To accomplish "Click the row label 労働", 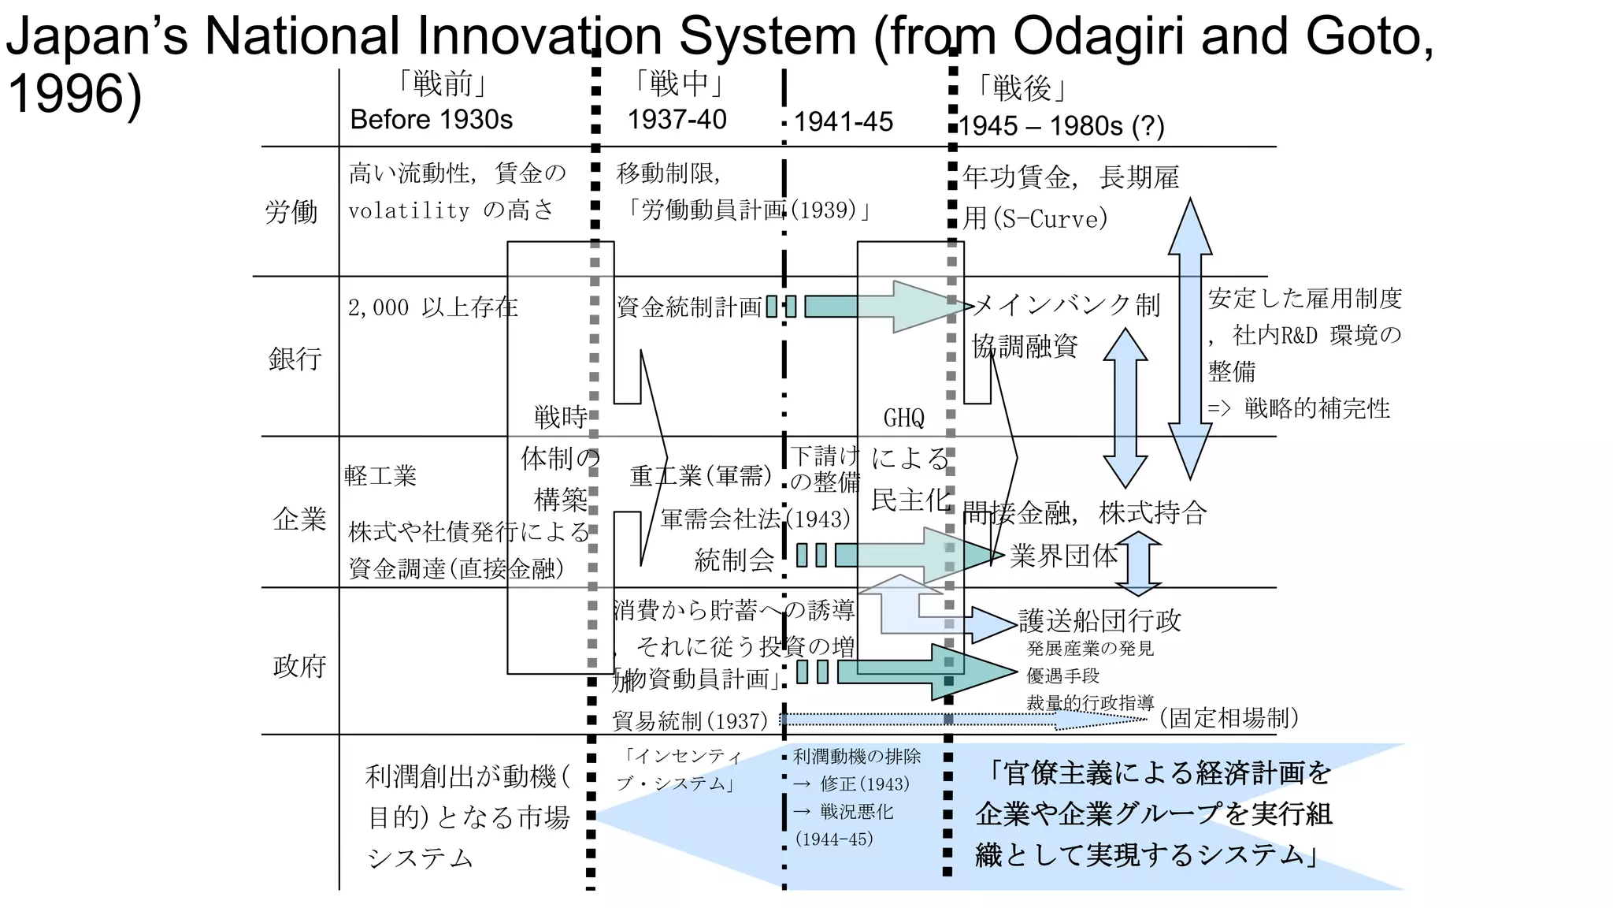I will pos(291,212).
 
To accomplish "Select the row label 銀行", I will pos(295,359).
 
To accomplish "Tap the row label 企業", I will pos(298,519).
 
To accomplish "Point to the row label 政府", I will pos(299,667).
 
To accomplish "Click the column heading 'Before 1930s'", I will pos(431,120).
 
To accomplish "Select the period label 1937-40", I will pos(677,120).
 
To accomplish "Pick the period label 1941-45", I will pos(843,122).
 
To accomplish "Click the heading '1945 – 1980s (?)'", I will pos(1061,126).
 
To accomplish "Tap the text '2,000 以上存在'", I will pos(432,307).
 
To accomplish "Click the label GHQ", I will pos(903,419).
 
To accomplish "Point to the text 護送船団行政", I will pos(1099,621).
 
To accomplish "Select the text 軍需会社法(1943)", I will pos(755,519).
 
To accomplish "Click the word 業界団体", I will pos(1063,556).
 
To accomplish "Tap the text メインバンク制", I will pos(1066,305).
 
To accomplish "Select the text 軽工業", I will pos(380,476).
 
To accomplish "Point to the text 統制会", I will pos(734,560).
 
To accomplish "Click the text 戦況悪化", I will pos(855,812).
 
